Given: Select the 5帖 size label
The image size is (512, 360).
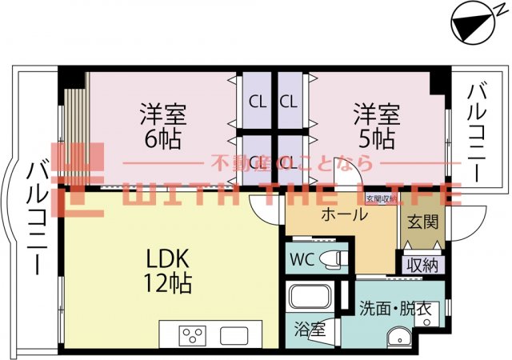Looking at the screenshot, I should tap(376, 138).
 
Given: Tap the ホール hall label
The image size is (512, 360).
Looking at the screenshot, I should tap(344, 214).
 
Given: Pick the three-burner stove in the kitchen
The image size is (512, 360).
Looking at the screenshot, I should tap(194, 334).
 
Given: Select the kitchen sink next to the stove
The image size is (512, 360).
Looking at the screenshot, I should tap(234, 334).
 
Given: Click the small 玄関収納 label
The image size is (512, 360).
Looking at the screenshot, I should tap(381, 198).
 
